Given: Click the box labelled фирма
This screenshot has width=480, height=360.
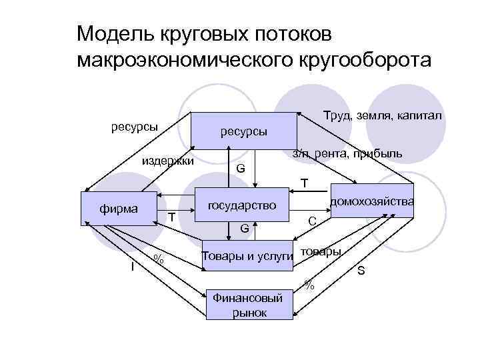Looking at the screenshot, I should coord(119,209).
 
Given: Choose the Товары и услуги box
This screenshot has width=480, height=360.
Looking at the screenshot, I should coord(247,256).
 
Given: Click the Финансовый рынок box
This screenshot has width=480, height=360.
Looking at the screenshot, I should coord(248,305).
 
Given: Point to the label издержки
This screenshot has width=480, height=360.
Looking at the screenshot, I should coord(167,161).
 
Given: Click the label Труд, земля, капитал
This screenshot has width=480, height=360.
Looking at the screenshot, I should coord(382,117).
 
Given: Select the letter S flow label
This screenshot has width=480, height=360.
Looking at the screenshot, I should coord(361,270).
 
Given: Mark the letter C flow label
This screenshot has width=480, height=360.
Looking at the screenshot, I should coord(311,220).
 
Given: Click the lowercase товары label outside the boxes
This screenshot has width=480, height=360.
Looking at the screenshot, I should coord(321,251).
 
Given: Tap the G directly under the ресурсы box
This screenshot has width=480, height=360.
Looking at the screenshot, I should coord(241,169).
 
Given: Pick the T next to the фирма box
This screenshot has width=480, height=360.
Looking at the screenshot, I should coord(171,217).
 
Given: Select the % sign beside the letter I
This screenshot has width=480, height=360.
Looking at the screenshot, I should coord(158,259).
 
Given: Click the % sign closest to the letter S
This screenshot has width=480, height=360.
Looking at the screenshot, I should coord(309,285).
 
